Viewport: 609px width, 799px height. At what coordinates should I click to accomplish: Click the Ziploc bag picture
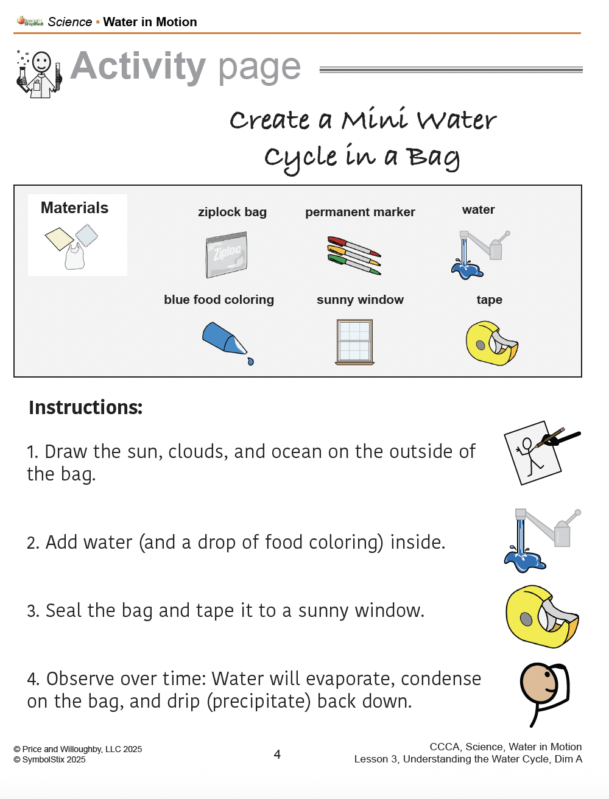click(x=227, y=255)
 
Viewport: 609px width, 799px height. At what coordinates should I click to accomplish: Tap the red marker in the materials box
click(x=354, y=246)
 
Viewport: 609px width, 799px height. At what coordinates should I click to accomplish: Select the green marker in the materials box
click(x=354, y=265)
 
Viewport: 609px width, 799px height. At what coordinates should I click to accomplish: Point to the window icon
click(x=354, y=342)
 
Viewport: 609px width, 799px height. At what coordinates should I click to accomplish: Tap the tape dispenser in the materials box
click(x=492, y=343)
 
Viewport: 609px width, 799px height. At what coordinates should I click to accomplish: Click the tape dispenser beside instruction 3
click(x=543, y=616)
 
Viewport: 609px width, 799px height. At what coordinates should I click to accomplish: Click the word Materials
click(x=74, y=208)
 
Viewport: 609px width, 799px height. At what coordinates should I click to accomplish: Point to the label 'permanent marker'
click(x=360, y=212)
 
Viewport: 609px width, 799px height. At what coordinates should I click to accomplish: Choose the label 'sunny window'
click(x=360, y=300)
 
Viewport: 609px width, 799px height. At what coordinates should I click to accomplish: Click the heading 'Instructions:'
click(x=85, y=407)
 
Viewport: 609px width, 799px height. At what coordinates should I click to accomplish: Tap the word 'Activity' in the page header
click(x=138, y=66)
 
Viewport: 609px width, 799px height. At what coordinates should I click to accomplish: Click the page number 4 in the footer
click(x=277, y=754)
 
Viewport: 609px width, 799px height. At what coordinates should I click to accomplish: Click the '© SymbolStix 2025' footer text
click(x=49, y=759)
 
